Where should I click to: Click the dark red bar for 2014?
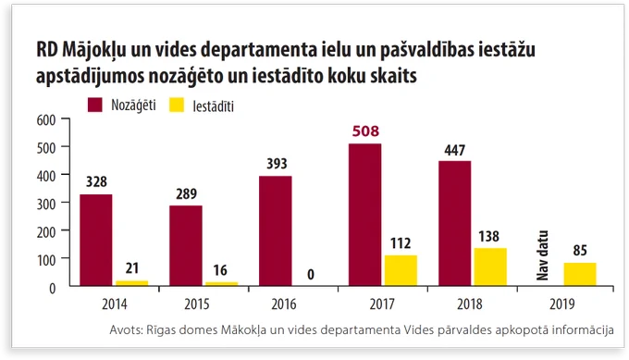click(96, 240)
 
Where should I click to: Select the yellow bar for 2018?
click(490, 267)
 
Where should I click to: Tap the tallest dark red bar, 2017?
click(365, 215)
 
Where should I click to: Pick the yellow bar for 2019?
click(580, 274)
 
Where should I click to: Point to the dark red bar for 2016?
click(276, 230)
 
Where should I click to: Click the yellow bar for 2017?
click(401, 270)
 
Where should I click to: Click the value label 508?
click(365, 131)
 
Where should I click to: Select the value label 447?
click(454, 150)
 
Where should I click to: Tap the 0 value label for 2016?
click(311, 275)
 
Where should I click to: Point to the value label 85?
click(580, 251)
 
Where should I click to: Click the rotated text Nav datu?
click(542, 255)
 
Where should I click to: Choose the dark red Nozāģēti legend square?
click(95, 105)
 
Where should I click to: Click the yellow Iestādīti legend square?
click(177, 105)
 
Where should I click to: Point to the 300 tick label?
click(46, 204)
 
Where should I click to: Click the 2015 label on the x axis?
click(197, 304)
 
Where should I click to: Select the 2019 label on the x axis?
click(562, 304)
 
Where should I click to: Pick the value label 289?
click(187, 194)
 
